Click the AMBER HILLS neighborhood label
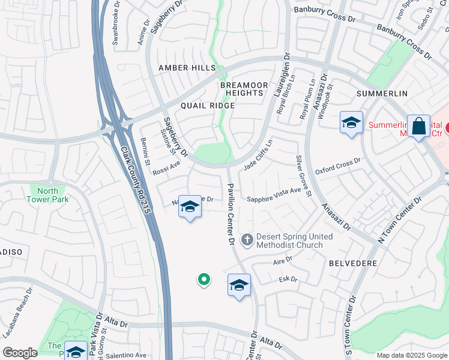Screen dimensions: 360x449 point(182,68)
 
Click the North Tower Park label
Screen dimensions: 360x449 point(49,195)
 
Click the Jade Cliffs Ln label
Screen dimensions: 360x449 point(259,154)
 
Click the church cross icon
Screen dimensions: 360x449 point(247,240)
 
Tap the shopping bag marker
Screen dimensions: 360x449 point(419,127)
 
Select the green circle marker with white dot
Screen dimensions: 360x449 point(204,279)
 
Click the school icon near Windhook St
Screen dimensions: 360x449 point(351,123)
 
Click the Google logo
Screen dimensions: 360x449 point(20,353)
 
